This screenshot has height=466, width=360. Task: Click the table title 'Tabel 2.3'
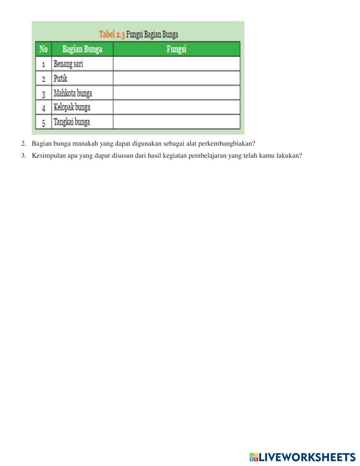(x=112, y=35)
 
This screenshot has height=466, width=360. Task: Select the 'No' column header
(x=44, y=49)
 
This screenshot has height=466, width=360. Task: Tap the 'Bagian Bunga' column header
(x=82, y=49)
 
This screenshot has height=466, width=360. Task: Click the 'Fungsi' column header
(x=176, y=49)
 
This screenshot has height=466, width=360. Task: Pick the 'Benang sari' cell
(x=68, y=64)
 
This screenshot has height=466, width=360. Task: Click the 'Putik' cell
(x=60, y=79)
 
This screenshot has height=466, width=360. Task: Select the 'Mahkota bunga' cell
(x=73, y=93)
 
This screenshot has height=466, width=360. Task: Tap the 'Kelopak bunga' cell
(x=72, y=107)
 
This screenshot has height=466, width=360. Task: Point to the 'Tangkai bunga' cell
(x=72, y=122)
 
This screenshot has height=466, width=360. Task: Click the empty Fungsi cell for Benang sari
(x=176, y=64)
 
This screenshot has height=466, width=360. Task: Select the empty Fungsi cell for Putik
(x=176, y=78)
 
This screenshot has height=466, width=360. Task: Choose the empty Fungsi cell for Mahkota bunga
(x=176, y=93)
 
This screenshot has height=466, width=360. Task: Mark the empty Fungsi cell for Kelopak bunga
(x=176, y=107)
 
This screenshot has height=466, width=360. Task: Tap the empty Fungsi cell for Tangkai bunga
(x=176, y=122)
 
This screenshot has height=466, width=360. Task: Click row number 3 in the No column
(x=44, y=94)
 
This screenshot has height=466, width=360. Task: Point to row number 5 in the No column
(x=44, y=123)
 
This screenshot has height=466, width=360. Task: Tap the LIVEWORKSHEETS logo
(x=302, y=457)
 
